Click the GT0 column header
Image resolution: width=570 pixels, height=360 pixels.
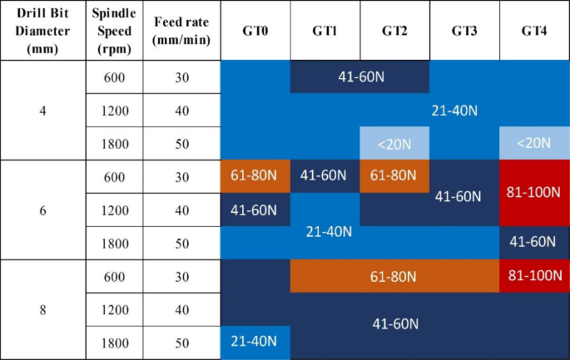pos(255,31)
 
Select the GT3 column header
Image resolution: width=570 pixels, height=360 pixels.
pos(464,31)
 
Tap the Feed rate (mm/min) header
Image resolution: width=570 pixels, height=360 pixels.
pos(181,31)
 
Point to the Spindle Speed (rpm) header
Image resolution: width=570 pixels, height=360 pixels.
pos(114,31)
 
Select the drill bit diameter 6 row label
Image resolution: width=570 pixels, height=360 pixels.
pos(42,210)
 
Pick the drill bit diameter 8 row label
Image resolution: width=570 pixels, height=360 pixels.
pos(42,309)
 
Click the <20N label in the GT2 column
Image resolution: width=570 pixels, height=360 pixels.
pos(394,143)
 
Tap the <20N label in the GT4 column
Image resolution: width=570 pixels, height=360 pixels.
pos(534,143)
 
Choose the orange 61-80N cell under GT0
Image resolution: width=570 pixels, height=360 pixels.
pos(255,176)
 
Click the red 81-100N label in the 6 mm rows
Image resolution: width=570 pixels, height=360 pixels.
pos(534,191)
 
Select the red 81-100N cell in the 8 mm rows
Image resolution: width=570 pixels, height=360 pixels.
pos(534,276)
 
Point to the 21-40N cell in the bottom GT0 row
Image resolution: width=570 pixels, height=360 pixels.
pos(255,343)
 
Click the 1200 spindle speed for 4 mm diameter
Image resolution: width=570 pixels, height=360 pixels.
pos(114,110)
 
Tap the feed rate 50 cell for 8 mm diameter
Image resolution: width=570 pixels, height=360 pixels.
pos(181,343)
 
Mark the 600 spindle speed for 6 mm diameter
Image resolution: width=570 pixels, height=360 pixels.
pos(114,176)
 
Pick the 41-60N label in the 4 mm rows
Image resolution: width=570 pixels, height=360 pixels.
pos(359,77)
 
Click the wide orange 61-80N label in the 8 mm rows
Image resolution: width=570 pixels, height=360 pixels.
pos(394,276)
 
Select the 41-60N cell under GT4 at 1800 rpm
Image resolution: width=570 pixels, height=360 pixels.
pos(534,242)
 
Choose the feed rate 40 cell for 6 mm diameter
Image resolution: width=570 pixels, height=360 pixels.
pos(181,210)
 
